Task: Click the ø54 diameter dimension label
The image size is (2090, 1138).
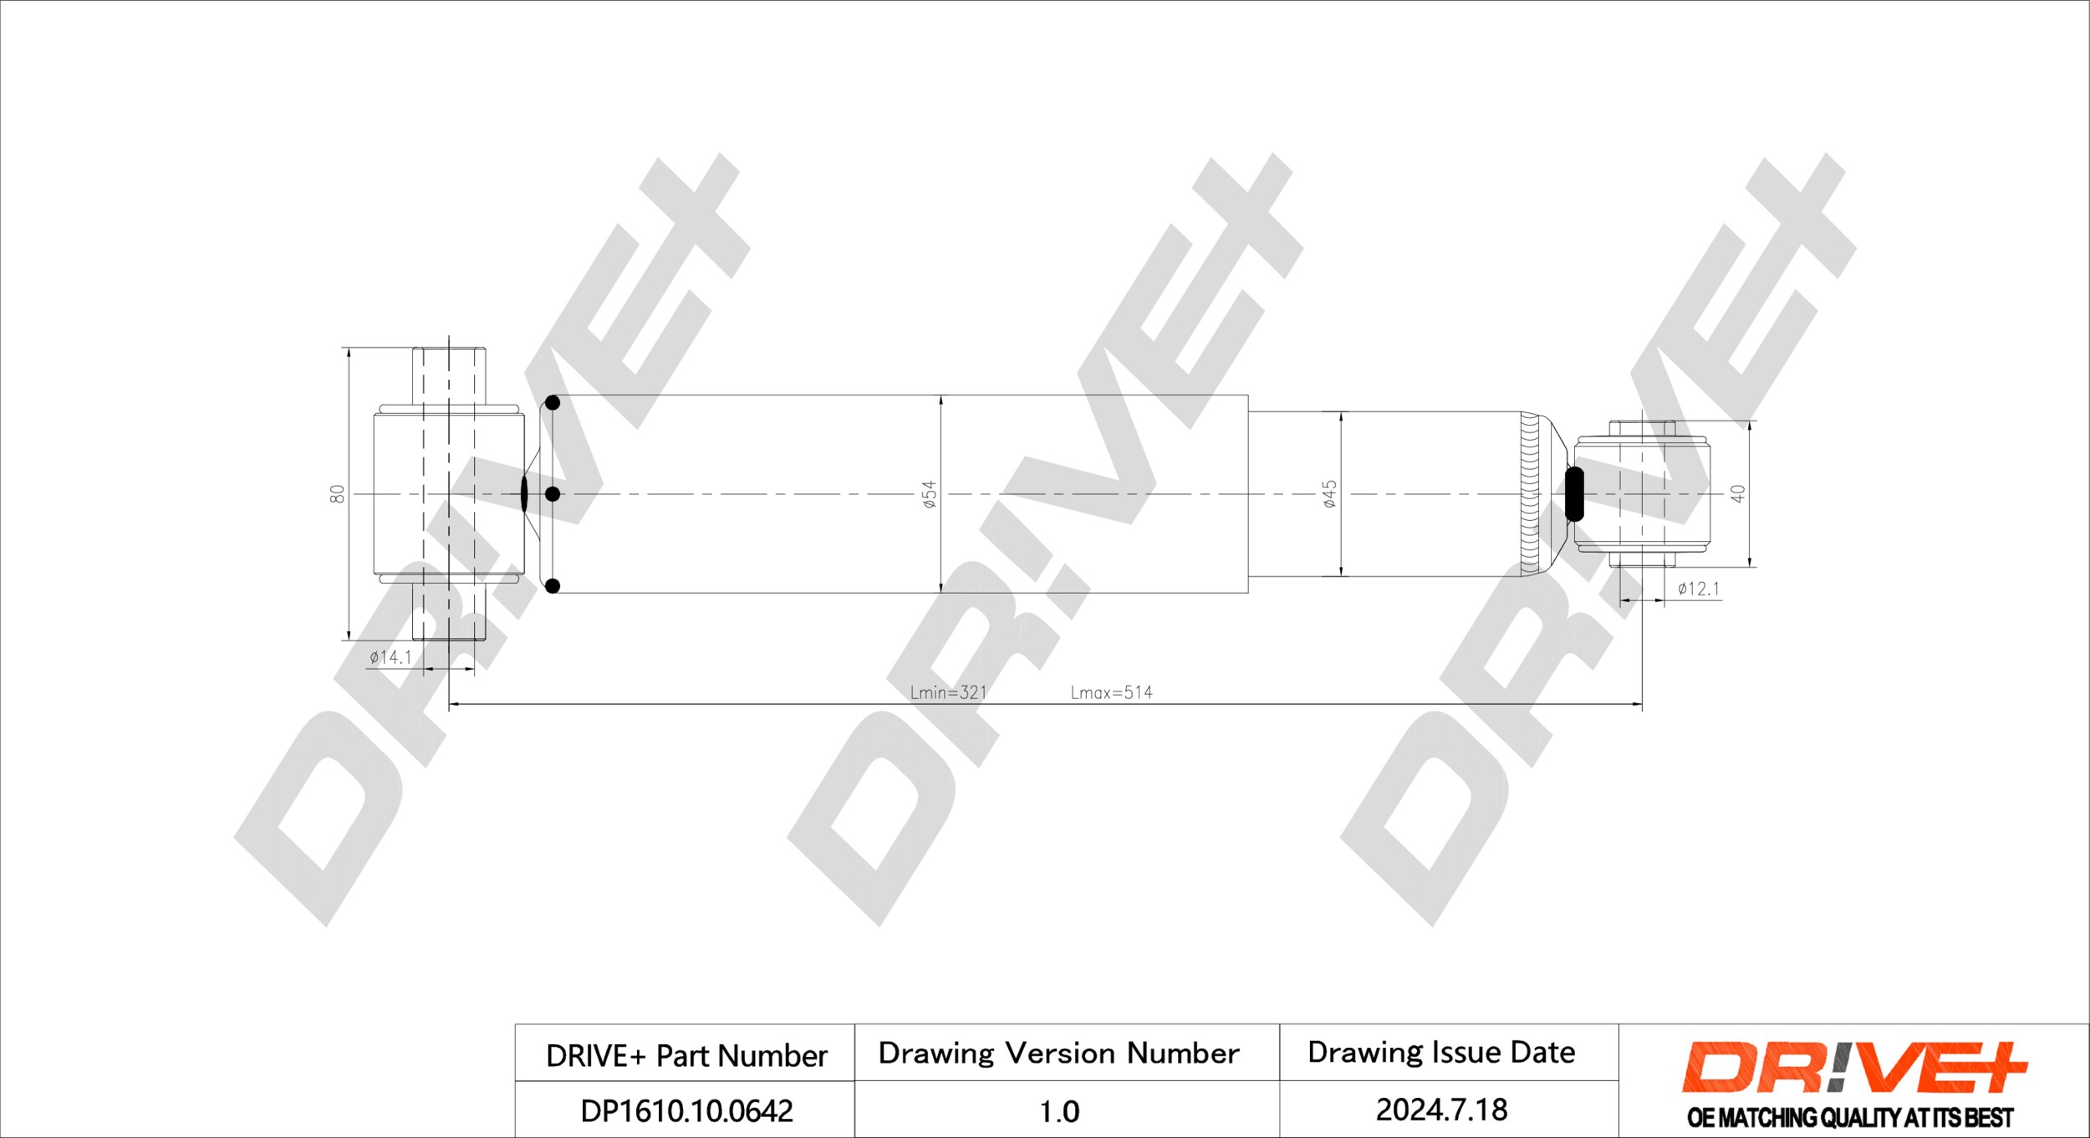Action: point(929,494)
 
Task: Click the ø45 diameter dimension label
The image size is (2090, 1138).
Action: point(1329,493)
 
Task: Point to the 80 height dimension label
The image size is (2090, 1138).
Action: point(337,493)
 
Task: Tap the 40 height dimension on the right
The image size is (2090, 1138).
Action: point(1738,493)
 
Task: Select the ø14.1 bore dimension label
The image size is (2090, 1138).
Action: point(390,657)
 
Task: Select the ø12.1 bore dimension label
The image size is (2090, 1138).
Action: point(1699,589)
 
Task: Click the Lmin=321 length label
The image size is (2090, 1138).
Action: point(948,692)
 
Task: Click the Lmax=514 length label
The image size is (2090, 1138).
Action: point(1111,692)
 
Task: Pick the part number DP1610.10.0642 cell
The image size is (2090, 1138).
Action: point(686,1110)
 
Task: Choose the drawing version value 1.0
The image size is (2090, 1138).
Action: point(1059,1111)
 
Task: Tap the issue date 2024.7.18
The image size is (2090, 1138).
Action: point(1441,1110)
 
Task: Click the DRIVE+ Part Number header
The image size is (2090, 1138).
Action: point(686,1055)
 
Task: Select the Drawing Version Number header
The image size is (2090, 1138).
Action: point(1058,1053)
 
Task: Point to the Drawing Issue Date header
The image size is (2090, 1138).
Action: point(1441,1052)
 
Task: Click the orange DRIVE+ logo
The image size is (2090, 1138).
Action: point(1853,1068)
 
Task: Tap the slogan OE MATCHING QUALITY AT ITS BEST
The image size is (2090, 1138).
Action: point(1850,1117)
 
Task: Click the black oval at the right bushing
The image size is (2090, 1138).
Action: point(1574,493)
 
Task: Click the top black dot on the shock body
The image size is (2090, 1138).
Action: point(552,403)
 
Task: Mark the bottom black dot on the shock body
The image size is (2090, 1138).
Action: point(552,586)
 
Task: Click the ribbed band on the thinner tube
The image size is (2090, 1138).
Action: point(1530,493)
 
